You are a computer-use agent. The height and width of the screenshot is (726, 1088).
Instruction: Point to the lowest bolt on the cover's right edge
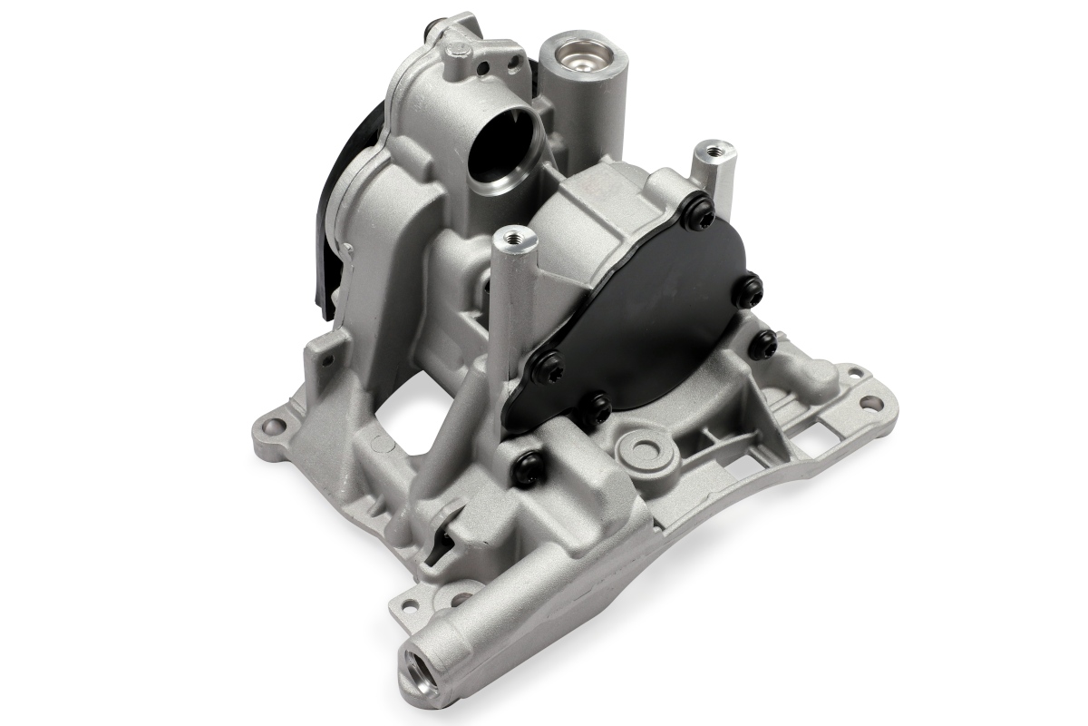point(764,344)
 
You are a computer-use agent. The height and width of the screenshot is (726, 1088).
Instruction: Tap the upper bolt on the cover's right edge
point(749,290)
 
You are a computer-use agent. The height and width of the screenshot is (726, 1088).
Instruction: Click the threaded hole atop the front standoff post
point(515,238)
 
